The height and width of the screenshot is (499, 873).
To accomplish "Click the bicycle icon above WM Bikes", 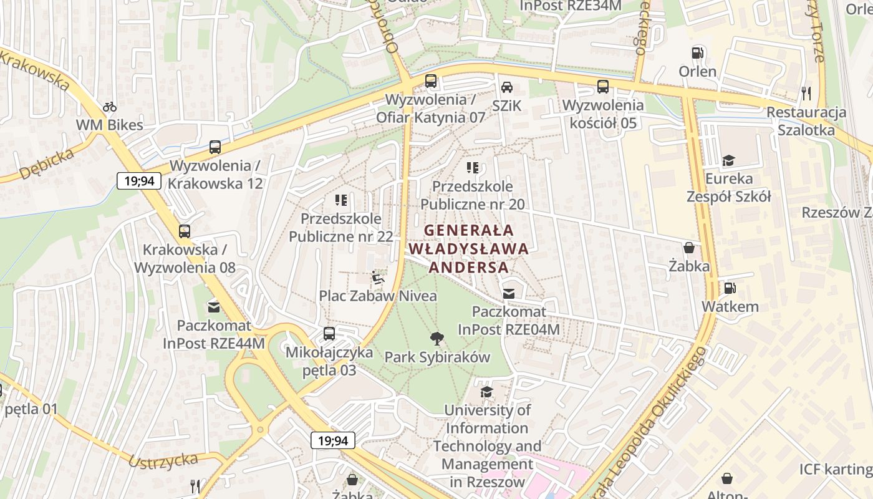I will [x=110, y=107].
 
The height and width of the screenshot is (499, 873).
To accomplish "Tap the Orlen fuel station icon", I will [x=698, y=53].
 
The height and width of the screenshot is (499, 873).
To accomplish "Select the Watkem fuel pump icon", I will [x=729, y=288].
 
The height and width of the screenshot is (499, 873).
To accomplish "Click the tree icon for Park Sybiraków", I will [x=437, y=339].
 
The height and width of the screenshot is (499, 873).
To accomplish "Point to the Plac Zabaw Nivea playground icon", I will [x=377, y=277].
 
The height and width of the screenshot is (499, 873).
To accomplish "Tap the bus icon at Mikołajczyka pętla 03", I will [x=329, y=334].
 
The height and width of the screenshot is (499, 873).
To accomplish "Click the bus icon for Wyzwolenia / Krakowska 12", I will [x=215, y=147].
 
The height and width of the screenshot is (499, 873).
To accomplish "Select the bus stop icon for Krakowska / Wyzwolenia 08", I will [x=185, y=231].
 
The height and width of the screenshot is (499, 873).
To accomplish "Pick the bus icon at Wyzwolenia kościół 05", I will [x=602, y=87].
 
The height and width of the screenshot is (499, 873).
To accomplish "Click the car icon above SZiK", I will [x=507, y=87].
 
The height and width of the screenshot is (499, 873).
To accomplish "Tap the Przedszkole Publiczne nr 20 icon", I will [x=473, y=167].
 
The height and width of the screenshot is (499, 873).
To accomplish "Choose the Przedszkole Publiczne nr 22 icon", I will [x=341, y=200].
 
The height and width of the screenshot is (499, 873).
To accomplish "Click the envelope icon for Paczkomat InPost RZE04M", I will [x=509, y=293].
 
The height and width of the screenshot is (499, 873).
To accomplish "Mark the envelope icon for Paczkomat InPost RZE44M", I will [x=214, y=307].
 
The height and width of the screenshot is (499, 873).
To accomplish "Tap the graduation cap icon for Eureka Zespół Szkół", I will [x=728, y=161].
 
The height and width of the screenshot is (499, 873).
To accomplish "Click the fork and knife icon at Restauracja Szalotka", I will [x=807, y=94].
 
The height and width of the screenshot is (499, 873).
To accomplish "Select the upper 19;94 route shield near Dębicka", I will [x=139, y=182].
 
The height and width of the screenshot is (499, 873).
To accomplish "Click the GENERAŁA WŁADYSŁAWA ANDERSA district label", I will [x=468, y=249].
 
